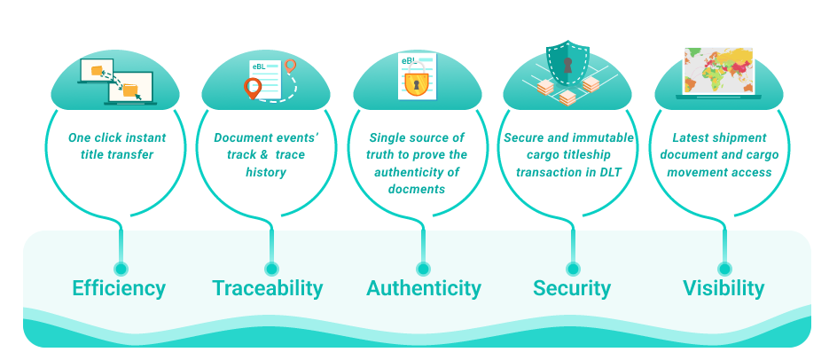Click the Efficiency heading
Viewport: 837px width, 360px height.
[119, 288]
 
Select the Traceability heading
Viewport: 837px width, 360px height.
[267, 288]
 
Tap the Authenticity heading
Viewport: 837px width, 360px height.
[423, 288]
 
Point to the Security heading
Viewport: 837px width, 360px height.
[572, 288]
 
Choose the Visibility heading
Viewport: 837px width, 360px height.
[724, 288]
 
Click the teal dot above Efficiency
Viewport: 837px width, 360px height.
[121, 268]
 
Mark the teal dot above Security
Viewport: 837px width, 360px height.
[573, 268]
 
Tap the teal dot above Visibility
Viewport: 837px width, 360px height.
[724, 268]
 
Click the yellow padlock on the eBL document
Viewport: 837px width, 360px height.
[414, 83]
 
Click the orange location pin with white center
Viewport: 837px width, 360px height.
[254, 88]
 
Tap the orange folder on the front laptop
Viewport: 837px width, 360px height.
[130, 90]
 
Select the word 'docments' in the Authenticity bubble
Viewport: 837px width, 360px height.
[417, 189]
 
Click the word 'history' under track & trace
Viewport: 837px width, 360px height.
[266, 172]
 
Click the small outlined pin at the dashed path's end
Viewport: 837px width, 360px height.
[290, 67]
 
